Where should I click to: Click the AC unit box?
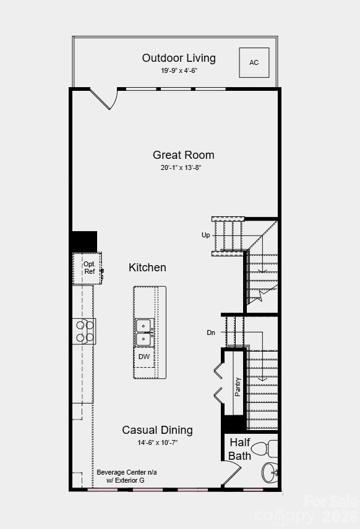(254, 62)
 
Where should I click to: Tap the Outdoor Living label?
(179, 58)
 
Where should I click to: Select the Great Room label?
(184, 155)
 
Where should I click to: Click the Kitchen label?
(147, 268)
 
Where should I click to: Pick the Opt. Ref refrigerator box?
(88, 268)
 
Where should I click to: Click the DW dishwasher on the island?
(144, 357)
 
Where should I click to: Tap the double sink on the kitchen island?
(144, 332)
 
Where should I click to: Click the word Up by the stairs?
(205, 235)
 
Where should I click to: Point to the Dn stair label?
(211, 332)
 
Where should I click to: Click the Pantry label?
(238, 387)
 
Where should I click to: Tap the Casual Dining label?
(157, 430)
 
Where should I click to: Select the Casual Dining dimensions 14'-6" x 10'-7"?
(157, 442)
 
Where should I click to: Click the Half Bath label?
(240, 449)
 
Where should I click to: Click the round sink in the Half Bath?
(270, 473)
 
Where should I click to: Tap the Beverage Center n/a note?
(126, 472)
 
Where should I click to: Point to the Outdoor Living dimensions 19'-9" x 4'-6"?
(179, 70)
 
